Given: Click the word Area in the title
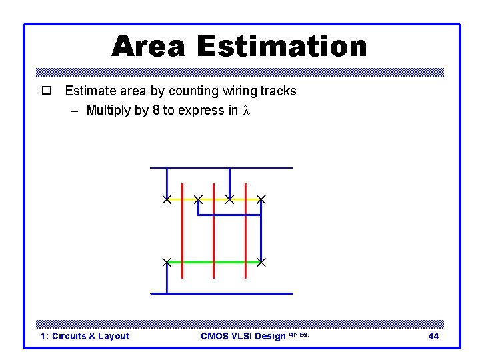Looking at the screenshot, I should [149, 47].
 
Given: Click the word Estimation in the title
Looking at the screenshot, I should [282, 47].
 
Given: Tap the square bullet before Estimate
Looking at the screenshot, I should [46, 91].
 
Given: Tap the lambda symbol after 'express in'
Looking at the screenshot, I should [246, 111].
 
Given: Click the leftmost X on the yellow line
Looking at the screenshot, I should [167, 199].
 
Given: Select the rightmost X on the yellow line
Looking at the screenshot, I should [261, 199].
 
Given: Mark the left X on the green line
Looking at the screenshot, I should [167, 263].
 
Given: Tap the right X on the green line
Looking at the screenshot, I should [261, 263].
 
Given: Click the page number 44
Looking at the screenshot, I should [433, 336].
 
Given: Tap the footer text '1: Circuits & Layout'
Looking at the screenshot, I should [85, 336].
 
